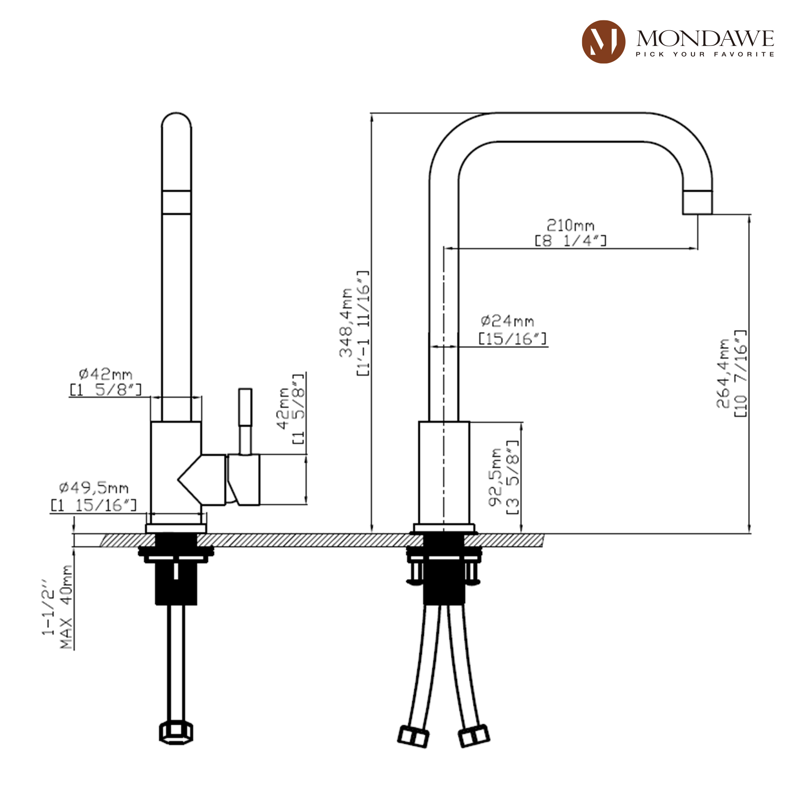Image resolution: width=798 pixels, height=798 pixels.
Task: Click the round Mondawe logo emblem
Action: (603, 42)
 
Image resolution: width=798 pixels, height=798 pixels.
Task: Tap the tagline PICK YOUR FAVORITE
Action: (705, 54)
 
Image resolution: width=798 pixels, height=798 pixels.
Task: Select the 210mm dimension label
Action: (571, 225)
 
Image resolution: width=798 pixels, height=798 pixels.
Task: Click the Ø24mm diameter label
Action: (507, 321)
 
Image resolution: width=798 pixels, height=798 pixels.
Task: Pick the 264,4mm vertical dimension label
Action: (723, 374)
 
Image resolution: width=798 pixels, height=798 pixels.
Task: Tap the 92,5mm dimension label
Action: (495, 478)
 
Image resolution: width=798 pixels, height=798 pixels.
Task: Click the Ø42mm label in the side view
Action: (106, 374)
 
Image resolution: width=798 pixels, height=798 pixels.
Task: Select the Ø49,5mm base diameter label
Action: (94, 488)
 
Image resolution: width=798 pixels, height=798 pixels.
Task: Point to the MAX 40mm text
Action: (66, 607)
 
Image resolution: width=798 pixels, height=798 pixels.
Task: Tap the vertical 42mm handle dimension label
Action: (284, 409)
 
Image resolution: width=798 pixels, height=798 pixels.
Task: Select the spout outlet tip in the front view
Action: (697, 203)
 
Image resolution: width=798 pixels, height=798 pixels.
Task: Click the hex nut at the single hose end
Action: (176, 733)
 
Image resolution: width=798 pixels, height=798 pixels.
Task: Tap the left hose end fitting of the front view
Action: (413, 737)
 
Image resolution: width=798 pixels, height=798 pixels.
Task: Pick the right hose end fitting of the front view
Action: (474, 736)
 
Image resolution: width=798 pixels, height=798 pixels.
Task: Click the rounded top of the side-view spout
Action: (176, 120)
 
